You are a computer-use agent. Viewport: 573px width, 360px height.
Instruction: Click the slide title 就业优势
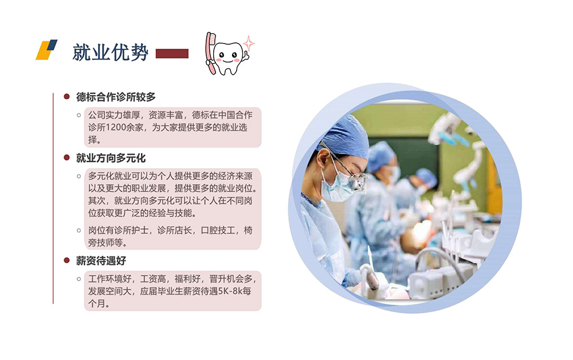pos(111,52)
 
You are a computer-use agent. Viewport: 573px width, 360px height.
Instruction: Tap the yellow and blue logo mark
pos(46,49)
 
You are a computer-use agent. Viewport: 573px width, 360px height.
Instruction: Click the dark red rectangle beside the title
pos(172,54)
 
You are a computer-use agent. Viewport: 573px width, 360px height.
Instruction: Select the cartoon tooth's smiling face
pos(227,57)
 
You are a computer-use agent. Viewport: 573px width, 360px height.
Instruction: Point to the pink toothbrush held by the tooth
pos(211,53)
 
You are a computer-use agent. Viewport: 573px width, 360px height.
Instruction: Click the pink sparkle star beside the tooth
pos(249,44)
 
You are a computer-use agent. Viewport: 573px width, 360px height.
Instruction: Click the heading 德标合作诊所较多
pos(116,97)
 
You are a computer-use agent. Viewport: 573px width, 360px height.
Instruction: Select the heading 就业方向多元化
pos(111,158)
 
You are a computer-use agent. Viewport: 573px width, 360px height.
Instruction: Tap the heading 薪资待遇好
pos(101,261)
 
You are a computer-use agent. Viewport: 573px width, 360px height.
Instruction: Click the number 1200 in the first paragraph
pos(114,127)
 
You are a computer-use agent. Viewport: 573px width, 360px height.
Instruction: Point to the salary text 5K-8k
pos(230,291)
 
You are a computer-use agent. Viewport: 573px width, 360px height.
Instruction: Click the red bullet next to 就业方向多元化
pos(66,158)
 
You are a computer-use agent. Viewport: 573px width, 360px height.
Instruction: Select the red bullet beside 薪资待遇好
pos(66,260)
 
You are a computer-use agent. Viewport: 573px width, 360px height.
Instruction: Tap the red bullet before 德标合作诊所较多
pos(66,96)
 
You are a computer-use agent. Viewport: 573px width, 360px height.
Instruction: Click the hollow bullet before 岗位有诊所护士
pos(79,230)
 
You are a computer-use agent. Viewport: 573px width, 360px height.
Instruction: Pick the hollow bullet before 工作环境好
pos(79,279)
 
